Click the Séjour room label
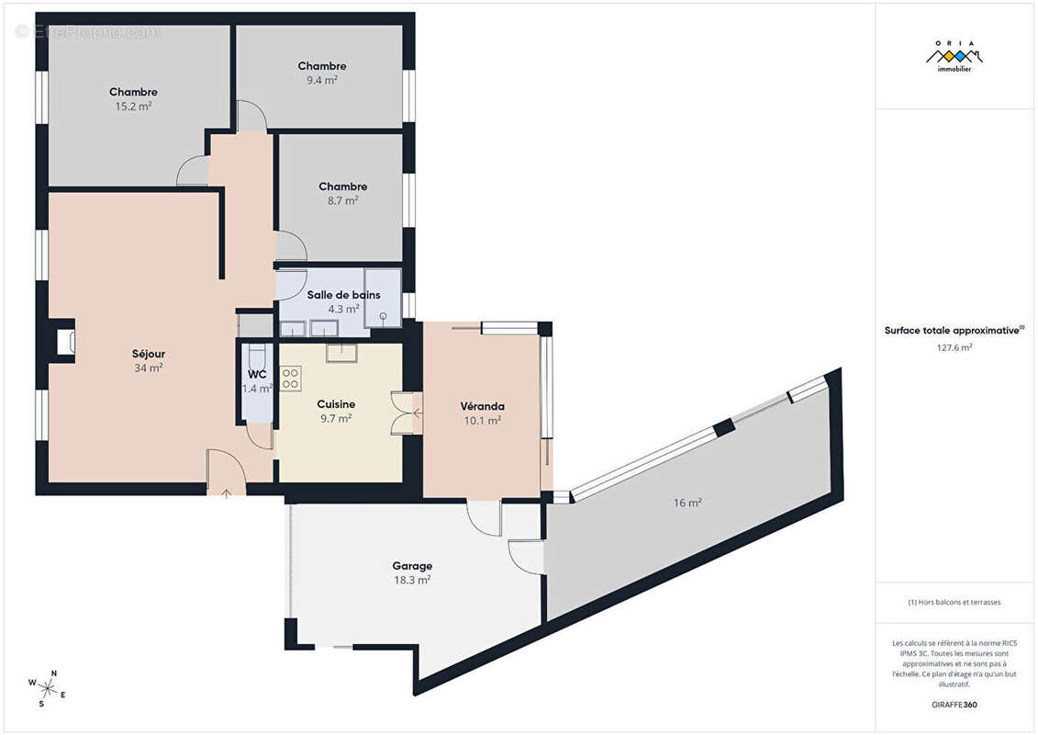[149, 354]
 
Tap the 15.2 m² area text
[133, 106]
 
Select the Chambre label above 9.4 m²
[322, 65]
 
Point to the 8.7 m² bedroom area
[343, 200]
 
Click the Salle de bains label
[343, 295]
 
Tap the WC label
[257, 375]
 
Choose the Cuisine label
[336, 404]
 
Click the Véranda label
[482, 406]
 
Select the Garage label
[412, 566]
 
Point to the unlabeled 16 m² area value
[687, 503]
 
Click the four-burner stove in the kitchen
[290, 379]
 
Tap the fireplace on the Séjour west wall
[64, 342]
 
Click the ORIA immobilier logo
[954, 56]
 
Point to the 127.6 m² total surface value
[954, 347]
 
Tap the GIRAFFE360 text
[954, 705]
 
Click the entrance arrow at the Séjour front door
[226, 493]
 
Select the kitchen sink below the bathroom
[341, 353]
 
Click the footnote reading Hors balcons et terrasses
[954, 603]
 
